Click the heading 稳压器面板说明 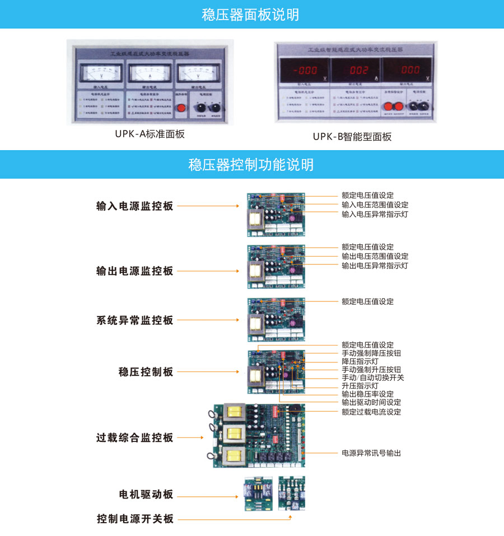(x=251, y=15)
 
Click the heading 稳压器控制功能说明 (x=251, y=165)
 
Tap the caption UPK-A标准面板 (x=150, y=134)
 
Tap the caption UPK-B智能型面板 (x=352, y=136)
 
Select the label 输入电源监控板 (x=135, y=206)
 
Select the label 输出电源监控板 (x=135, y=271)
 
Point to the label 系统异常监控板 (x=135, y=321)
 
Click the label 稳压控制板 (x=146, y=372)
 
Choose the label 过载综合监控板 (x=135, y=438)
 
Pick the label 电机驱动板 (x=146, y=495)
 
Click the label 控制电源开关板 (x=135, y=519)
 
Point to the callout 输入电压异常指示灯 (x=375, y=214)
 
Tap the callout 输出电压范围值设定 (x=375, y=256)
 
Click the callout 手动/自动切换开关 (x=372, y=377)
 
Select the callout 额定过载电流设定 (x=371, y=412)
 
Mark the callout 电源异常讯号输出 (x=371, y=453)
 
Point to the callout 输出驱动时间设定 (x=371, y=402)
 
